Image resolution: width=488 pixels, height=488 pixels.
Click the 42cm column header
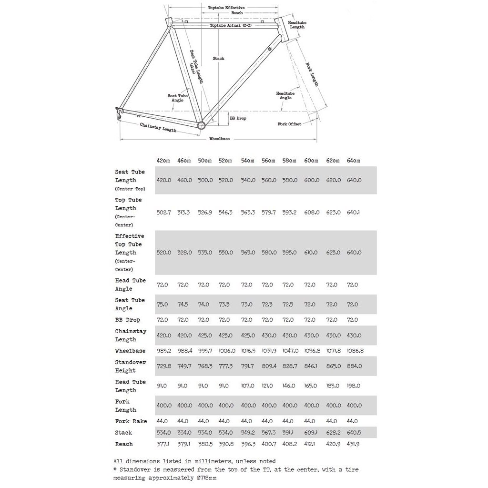tap(163, 161)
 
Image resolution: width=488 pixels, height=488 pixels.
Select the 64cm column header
tap(354, 161)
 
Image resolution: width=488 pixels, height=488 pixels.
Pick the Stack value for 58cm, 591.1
tap(289, 433)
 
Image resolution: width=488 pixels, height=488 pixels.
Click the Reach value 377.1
tap(163, 444)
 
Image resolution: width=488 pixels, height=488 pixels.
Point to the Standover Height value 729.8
tap(163, 366)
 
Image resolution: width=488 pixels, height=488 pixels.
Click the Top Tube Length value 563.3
tap(247, 213)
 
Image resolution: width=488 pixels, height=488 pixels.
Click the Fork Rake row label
tap(131, 421)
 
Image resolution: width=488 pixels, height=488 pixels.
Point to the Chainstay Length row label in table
tap(131, 335)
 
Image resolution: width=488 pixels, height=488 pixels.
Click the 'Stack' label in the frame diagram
tap(218, 59)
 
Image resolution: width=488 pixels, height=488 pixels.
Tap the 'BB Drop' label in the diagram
tap(238, 118)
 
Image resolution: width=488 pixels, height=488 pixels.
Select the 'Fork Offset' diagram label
tap(290, 124)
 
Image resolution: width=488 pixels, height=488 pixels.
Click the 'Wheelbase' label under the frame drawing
tap(219, 139)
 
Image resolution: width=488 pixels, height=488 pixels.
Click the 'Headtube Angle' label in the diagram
tap(285, 95)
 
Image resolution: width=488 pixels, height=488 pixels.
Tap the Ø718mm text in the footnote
tap(206, 478)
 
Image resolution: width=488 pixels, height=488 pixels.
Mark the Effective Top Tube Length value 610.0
tap(311, 253)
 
